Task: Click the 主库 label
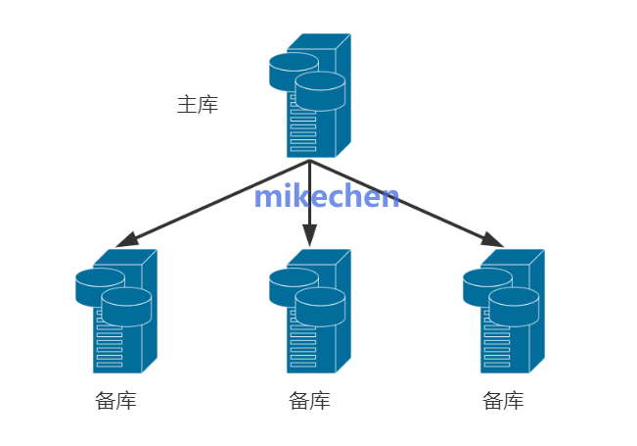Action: coord(197,105)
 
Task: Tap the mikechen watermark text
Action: coord(326,196)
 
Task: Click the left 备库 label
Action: coord(116,401)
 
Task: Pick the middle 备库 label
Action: coord(309,401)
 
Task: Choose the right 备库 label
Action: coord(503,401)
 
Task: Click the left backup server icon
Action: coord(118,311)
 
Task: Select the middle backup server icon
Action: coord(311,311)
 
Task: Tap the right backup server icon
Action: coord(505,311)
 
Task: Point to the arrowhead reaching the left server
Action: coord(126,240)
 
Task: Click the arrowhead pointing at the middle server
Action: coord(309,236)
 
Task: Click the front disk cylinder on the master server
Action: coord(320,90)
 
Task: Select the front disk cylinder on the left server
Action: coord(126,306)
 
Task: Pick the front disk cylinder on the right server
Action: coord(514,306)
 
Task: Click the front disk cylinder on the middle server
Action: coord(320,306)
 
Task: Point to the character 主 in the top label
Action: coord(187,105)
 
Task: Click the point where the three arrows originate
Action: coord(309,160)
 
